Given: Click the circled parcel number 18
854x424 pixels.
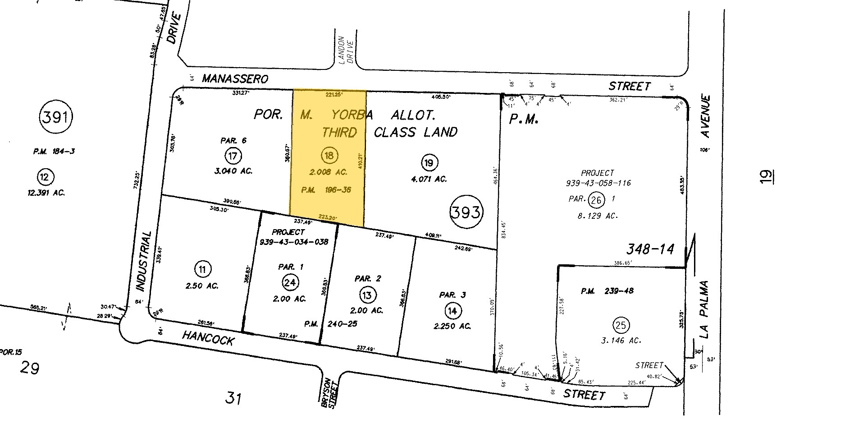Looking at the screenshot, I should [329, 156].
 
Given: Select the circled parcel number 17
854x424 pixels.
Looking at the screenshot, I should [233, 156].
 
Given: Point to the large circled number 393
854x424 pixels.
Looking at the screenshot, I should [466, 212].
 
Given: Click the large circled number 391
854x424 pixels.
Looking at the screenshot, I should [56, 118].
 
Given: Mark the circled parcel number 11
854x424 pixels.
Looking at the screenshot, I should [202, 270].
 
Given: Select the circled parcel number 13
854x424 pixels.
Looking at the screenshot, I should [367, 295].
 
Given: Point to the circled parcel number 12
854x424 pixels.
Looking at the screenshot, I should [44, 177].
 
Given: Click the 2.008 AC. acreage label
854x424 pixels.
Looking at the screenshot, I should [329, 172].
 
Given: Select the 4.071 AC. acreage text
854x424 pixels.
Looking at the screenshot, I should [428, 179].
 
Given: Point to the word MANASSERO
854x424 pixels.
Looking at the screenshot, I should [235, 79].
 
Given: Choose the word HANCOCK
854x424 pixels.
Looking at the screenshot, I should [208, 337].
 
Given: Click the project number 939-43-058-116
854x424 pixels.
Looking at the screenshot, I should [598, 183].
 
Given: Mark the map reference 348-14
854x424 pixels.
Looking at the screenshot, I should [649, 249].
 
